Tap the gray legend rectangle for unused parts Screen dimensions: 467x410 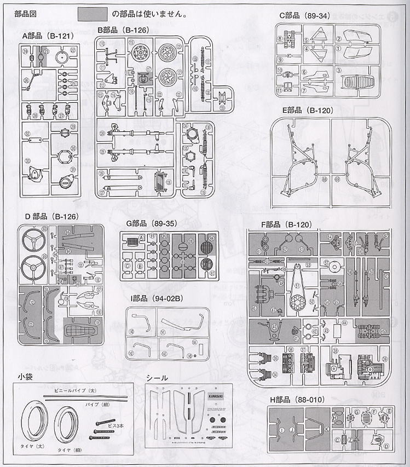click(x=92, y=12)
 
